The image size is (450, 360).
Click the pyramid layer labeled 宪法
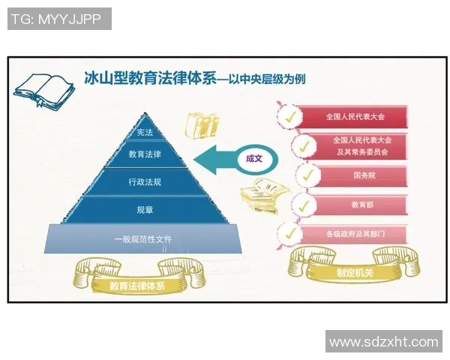click(x=145, y=133)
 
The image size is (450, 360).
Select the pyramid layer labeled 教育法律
click(x=145, y=154)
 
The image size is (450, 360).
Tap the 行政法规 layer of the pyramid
click(x=145, y=181)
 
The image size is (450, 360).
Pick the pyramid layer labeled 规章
click(x=145, y=209)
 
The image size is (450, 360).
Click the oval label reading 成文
click(x=255, y=159)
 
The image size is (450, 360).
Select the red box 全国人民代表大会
click(x=355, y=117)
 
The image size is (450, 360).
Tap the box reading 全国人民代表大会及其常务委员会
click(x=362, y=145)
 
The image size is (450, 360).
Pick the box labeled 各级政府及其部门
click(x=355, y=233)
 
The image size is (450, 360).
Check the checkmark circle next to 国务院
click(x=305, y=175)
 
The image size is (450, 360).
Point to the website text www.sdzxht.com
click(x=383, y=342)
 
